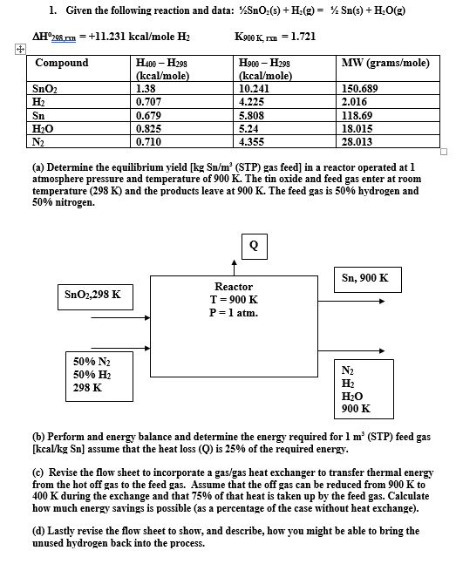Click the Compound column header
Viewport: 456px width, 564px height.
(x=62, y=63)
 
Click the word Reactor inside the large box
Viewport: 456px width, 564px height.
(x=234, y=286)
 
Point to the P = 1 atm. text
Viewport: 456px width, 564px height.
(x=234, y=312)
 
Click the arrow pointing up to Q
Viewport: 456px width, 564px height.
(x=234, y=268)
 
